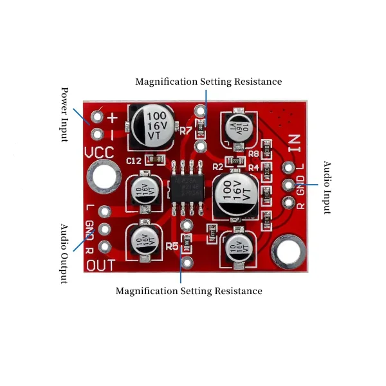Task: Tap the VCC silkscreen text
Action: tap(99, 153)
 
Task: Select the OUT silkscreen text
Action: tap(100, 265)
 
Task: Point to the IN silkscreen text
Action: tap(295, 142)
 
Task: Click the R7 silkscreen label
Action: tap(187, 131)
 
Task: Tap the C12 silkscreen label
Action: tap(134, 160)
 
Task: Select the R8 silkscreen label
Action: tap(253, 154)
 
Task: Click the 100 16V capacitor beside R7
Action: tap(154, 125)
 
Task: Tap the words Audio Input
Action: tap(327, 187)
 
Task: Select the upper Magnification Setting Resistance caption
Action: tap(208, 82)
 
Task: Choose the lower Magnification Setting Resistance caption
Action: tap(189, 291)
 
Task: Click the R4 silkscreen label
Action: tap(253, 167)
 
